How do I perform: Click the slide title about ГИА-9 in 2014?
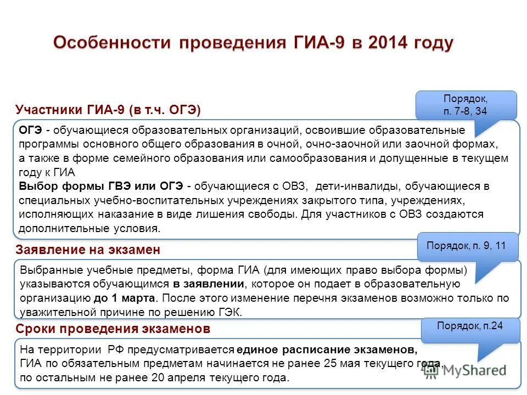click(253, 43)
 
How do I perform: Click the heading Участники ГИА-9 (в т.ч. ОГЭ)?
click(108, 110)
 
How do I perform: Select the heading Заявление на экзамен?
click(88, 250)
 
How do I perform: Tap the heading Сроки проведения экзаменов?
click(113, 329)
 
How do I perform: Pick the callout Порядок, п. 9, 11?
click(467, 246)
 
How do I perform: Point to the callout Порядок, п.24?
click(470, 325)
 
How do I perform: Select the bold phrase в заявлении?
click(209, 284)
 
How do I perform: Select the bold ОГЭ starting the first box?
click(31, 130)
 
